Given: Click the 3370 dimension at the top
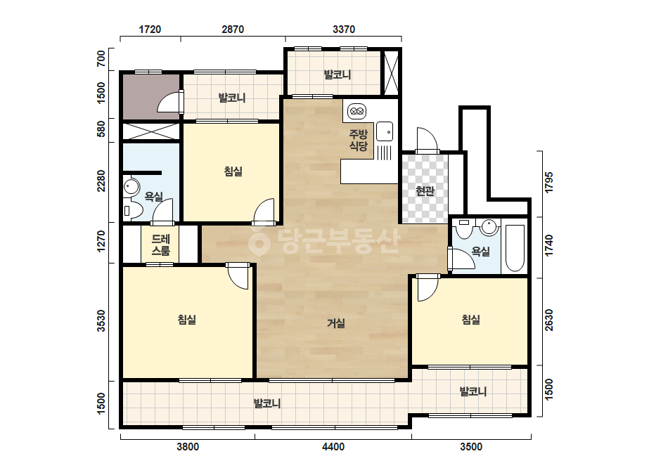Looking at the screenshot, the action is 344,30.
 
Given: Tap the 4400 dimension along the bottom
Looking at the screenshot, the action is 333,447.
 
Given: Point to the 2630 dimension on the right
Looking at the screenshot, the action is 549,320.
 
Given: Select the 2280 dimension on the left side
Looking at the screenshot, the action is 101,181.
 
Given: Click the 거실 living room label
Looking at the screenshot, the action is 335,323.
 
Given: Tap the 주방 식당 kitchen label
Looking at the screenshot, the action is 358,140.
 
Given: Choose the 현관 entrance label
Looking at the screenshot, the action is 425,190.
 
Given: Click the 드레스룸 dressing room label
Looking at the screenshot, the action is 160,245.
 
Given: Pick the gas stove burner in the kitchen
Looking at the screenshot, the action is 356,111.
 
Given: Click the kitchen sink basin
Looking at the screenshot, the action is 384,131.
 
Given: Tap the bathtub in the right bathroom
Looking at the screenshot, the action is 515,248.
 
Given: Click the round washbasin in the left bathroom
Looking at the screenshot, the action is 131,187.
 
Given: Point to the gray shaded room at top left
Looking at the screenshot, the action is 151,97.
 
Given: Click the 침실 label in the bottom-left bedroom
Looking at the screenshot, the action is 186,319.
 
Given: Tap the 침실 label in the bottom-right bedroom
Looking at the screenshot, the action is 470,319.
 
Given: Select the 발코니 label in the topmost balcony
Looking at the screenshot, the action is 338,74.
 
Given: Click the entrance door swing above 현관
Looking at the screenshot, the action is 427,141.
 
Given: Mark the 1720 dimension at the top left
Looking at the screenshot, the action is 150,30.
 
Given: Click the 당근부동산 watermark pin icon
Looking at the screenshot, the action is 259,242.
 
